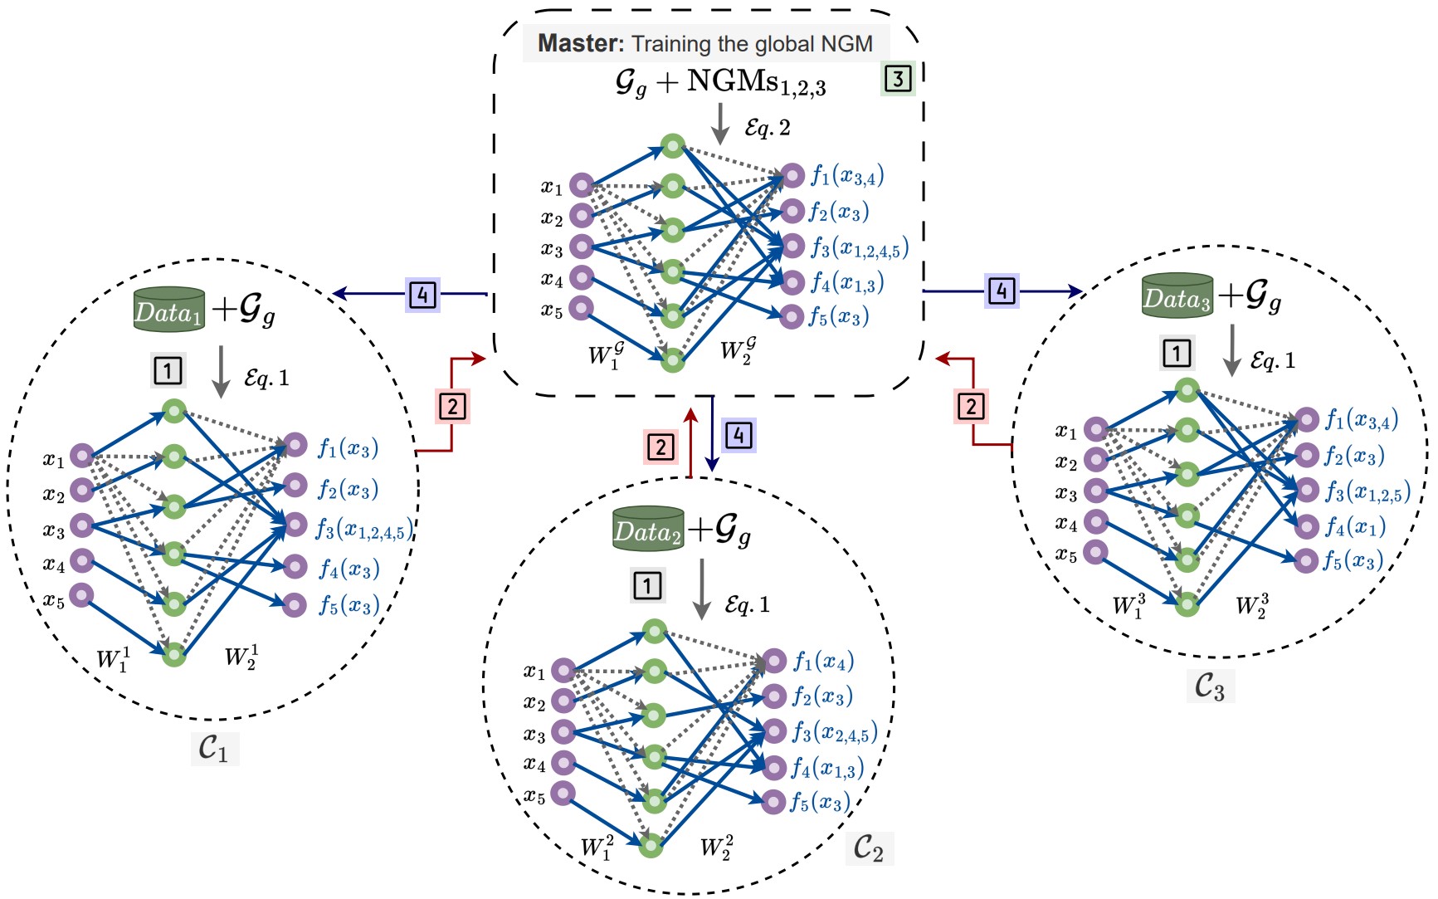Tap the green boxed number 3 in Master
click(x=898, y=79)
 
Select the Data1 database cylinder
click(x=169, y=310)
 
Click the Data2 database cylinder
click(x=648, y=529)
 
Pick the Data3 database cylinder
click(x=1177, y=296)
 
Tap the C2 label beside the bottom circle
click(x=869, y=848)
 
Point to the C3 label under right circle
click(x=1209, y=686)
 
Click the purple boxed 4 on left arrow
click(x=422, y=294)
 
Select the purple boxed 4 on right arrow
click(x=1002, y=291)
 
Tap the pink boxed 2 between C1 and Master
click(x=453, y=407)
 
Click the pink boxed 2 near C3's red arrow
click(x=971, y=407)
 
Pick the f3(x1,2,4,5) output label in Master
click(x=860, y=247)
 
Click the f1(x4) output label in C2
click(x=822, y=662)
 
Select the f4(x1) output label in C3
click(x=1354, y=526)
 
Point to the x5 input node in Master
click(x=581, y=308)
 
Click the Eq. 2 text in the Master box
click(x=768, y=128)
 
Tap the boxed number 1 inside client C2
click(x=647, y=585)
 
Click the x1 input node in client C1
click(x=82, y=455)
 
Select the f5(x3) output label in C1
click(x=349, y=605)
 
